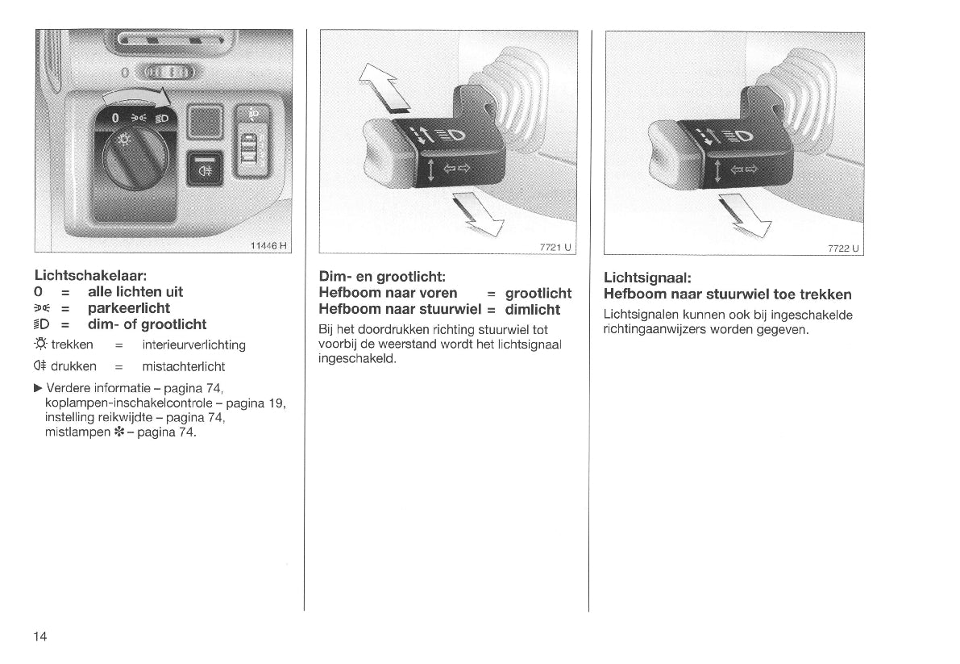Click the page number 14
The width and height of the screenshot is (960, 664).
coord(39,637)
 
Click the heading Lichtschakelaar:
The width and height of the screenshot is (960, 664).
coord(90,276)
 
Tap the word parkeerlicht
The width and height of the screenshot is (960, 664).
coord(129,308)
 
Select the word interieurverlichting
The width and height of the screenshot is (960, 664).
coord(193,345)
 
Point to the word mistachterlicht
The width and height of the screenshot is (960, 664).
coord(183,366)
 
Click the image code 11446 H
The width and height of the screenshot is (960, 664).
coord(268,245)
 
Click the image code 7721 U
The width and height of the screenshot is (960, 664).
coord(555,247)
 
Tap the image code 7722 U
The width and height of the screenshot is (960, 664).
coord(843,248)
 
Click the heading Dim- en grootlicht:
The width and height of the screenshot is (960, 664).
coord(382,277)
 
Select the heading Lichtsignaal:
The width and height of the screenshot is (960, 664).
coord(647,278)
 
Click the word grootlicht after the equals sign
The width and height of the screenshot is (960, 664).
coord(538,294)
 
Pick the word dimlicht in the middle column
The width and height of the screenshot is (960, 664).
coord(533,309)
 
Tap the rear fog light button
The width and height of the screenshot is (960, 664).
coord(204,169)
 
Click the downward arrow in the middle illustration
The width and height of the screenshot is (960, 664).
coord(478,214)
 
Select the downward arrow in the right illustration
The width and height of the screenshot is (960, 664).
coord(745,215)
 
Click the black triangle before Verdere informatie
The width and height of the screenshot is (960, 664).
coord(38,388)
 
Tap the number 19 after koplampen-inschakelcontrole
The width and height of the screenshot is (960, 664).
coord(276,403)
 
